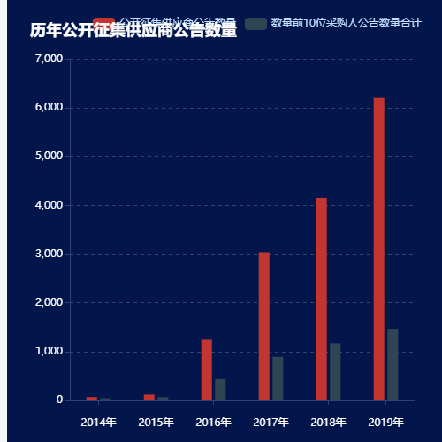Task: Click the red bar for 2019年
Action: pyautogui.click(x=378, y=249)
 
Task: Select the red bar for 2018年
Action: pyautogui.click(x=321, y=299)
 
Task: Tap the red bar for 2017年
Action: pyautogui.click(x=263, y=326)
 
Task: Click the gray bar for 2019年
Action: pyautogui.click(x=392, y=364)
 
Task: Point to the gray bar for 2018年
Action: pyautogui.click(x=335, y=371)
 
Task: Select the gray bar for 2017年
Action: pyautogui.click(x=278, y=378)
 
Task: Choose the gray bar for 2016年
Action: pyautogui.click(x=220, y=389)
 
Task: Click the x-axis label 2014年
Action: pyautogui.click(x=98, y=422)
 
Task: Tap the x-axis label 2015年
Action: pyautogui.click(x=156, y=422)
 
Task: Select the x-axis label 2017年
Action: pyautogui.click(x=271, y=422)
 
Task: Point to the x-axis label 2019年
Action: pyautogui.click(x=385, y=422)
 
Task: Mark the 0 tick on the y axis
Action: pyautogui.click(x=59, y=400)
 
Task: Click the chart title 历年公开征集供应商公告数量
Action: pyautogui.click(x=133, y=31)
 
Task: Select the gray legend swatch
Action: pyautogui.click(x=255, y=23)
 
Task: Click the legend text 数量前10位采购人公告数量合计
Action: pyautogui.click(x=346, y=23)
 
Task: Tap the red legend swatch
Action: pyautogui.click(x=104, y=21)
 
